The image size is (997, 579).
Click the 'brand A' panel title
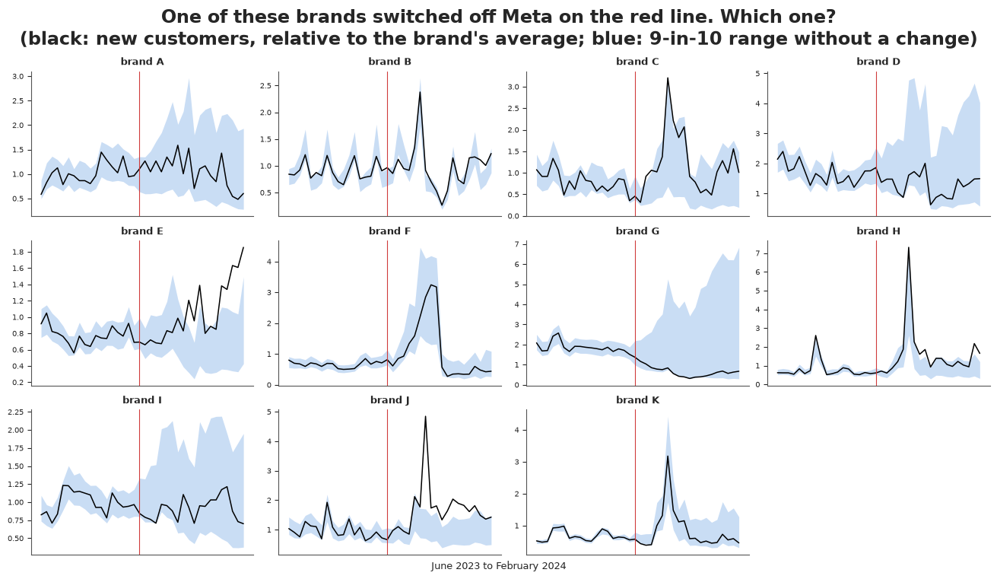tap(142, 62)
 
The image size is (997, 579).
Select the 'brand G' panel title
tap(637, 231)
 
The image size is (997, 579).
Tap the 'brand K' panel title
tap(637, 400)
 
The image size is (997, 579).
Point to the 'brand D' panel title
tap(878, 62)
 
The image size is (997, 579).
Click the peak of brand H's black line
tap(908, 247)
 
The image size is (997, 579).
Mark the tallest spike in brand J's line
tap(426, 416)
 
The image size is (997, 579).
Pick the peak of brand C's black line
tap(668, 78)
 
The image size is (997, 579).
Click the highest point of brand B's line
tap(420, 92)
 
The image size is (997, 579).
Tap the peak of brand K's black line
tap(668, 456)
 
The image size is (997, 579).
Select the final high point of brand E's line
tap(243, 247)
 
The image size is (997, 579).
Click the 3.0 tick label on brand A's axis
tap(17, 77)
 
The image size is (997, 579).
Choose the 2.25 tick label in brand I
tap(16, 412)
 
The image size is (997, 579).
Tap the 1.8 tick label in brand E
tap(17, 252)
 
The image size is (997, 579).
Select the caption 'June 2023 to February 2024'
tap(499, 566)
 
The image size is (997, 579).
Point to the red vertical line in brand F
tap(387, 313)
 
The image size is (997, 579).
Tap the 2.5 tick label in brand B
tap(265, 85)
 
